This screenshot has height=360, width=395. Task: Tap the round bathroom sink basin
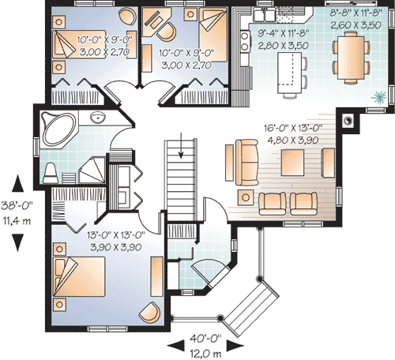coord(98,118)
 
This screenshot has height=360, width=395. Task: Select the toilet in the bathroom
coord(51,171)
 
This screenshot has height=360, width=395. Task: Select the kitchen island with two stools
coord(288,75)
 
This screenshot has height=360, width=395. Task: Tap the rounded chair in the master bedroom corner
coord(148,313)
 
